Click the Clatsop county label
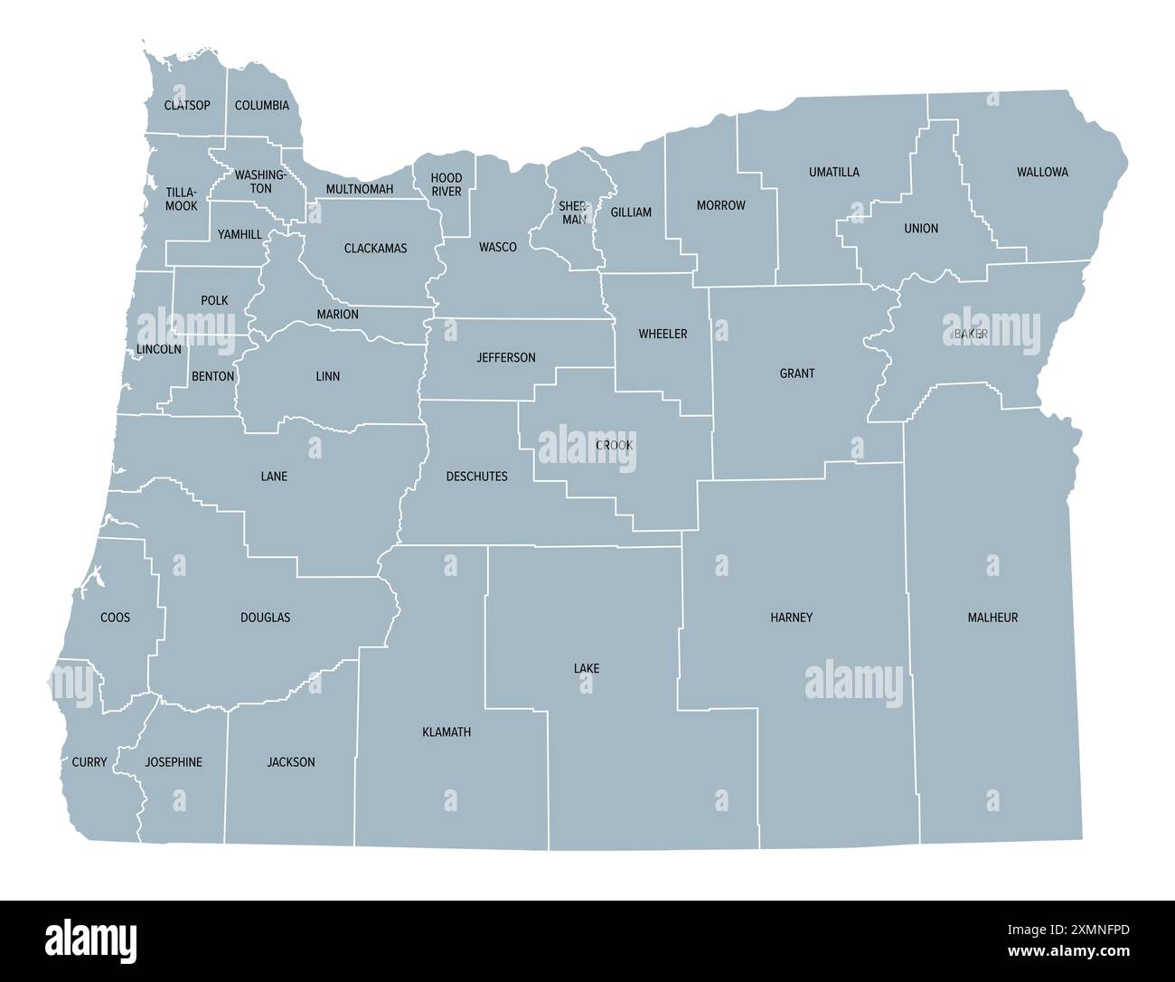[187, 105]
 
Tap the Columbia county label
[262, 105]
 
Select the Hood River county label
[446, 184]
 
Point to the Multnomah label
[360, 189]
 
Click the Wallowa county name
[1042, 172]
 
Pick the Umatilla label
[834, 172]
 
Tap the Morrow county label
[721, 205]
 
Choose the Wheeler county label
[663, 334]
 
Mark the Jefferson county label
[506, 357]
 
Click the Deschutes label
[477, 476]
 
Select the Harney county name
[792, 617]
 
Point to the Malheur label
[992, 617]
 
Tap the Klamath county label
[446, 732]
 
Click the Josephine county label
[174, 761]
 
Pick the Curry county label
[89, 761]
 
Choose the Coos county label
[115, 617]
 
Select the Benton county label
[213, 375]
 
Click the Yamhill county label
[240, 234]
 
